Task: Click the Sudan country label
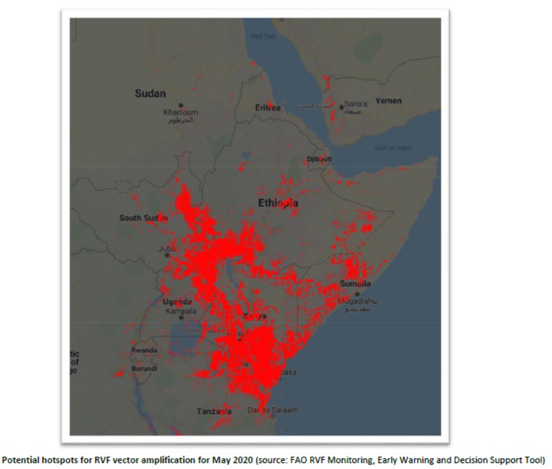coord(150,94)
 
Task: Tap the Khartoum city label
coord(180,113)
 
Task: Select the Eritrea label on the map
coord(268,108)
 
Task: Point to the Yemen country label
coord(388,101)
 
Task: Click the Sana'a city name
coord(356,104)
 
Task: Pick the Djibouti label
coord(319,159)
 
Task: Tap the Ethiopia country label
coord(278,203)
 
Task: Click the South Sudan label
coord(143,218)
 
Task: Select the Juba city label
coord(167,249)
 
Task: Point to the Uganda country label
coord(177,302)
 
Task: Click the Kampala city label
coord(180,311)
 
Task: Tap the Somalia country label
coord(355,284)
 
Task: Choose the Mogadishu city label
coord(357,301)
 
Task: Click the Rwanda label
coord(144,350)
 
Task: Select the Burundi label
coord(144,368)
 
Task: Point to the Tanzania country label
coord(214,411)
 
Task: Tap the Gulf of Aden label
coord(393,148)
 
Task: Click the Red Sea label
coord(263,36)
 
